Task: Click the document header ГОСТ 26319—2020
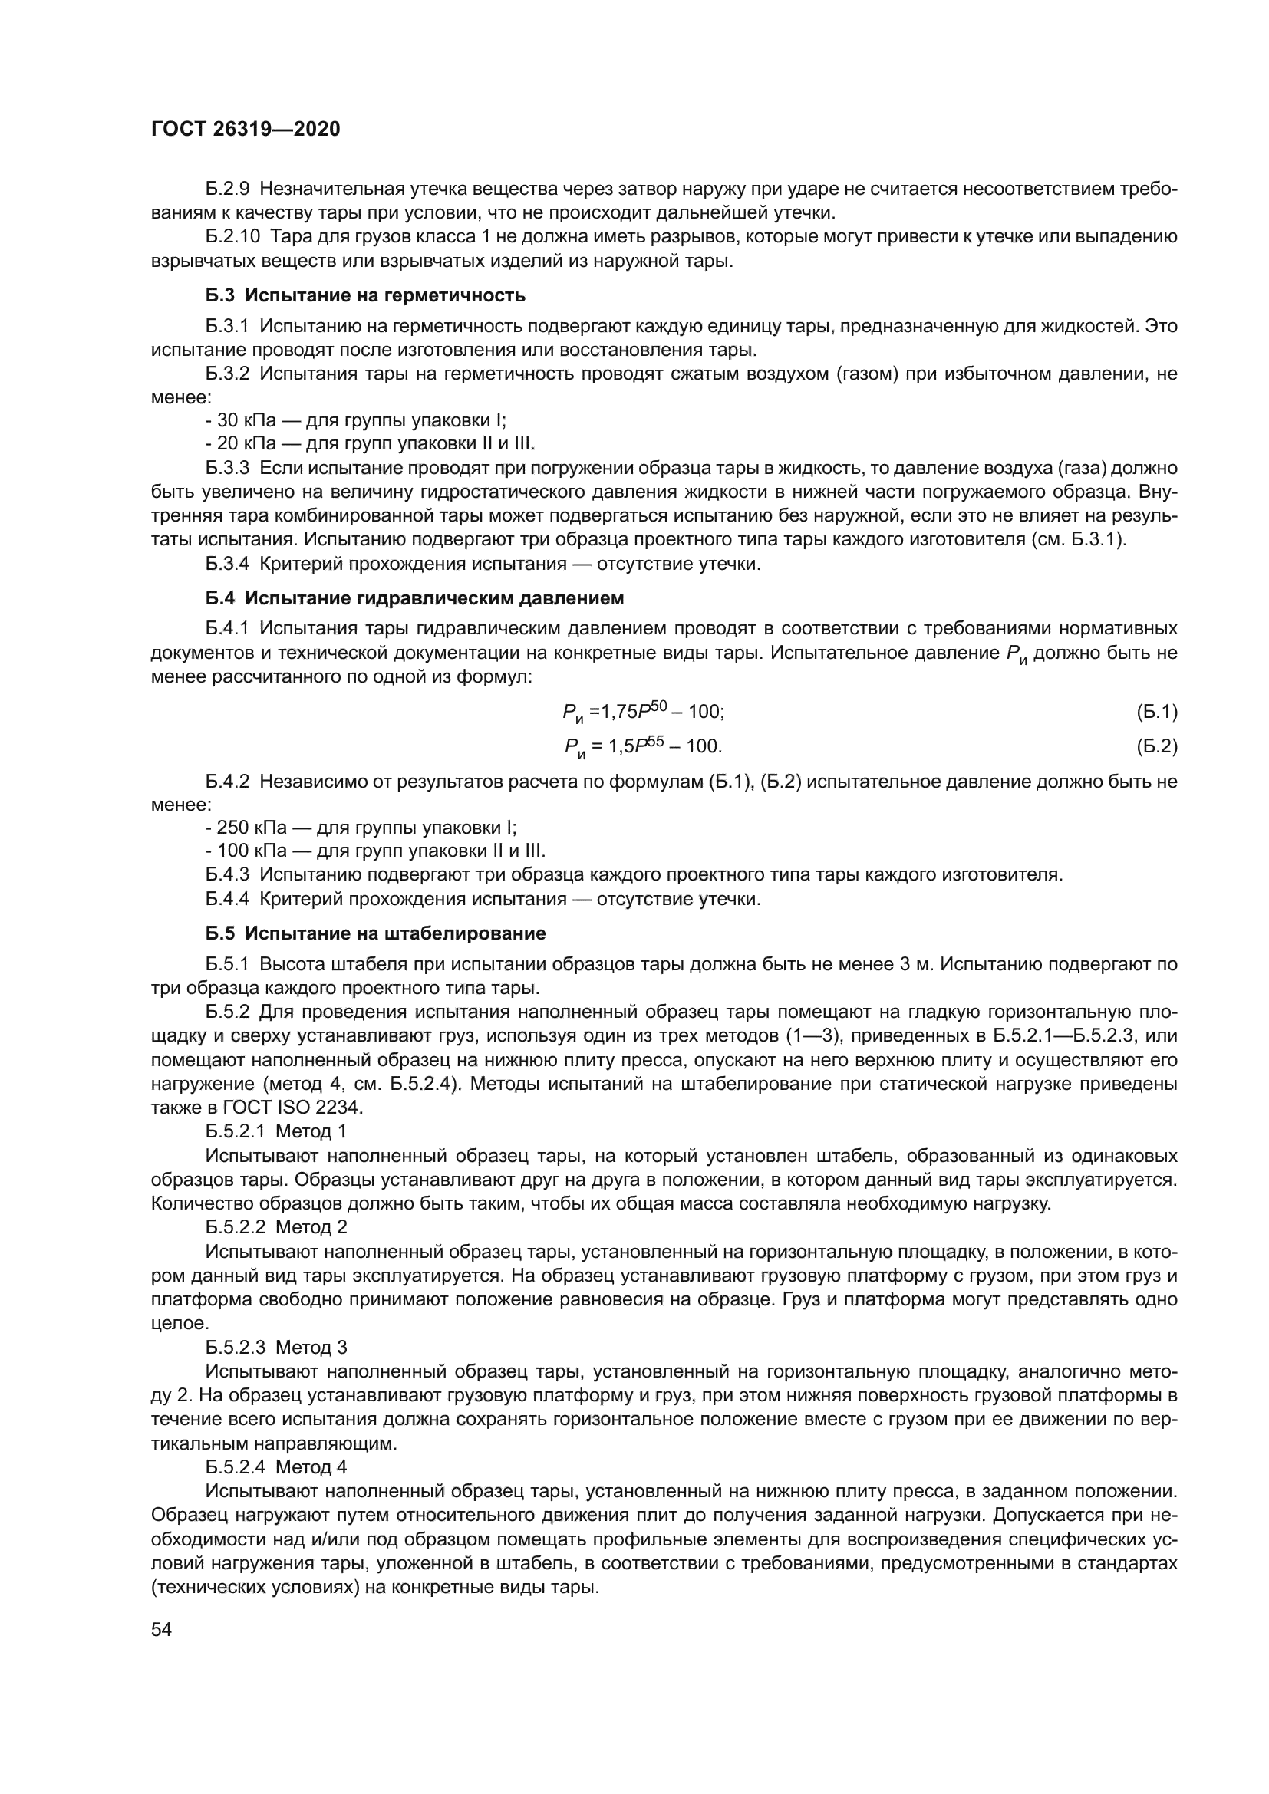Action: click(246, 130)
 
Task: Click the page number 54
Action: click(161, 1608)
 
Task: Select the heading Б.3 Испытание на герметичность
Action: click(365, 295)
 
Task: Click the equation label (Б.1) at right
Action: click(1155, 712)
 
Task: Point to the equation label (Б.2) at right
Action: click(1155, 746)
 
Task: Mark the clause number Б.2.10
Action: click(232, 237)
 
